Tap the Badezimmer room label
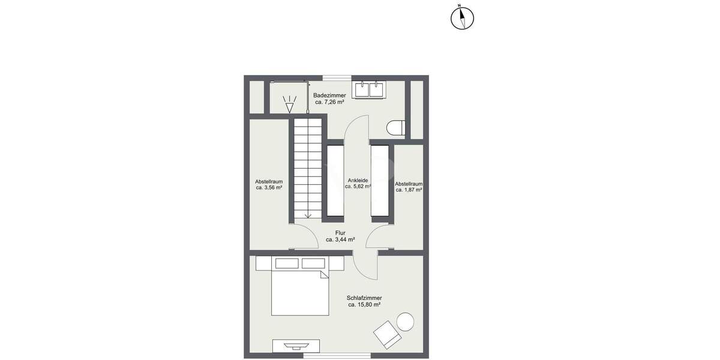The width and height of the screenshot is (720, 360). [329, 95]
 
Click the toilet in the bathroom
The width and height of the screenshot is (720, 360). [397, 128]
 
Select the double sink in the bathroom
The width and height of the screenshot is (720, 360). [369, 90]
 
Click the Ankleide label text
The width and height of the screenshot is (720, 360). [358, 180]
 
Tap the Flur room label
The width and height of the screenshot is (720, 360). [340, 232]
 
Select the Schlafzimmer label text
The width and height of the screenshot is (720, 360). [364, 298]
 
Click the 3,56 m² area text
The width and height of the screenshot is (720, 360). [269, 188]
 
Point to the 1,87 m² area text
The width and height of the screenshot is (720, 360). [409, 190]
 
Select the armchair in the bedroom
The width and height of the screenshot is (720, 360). [387, 334]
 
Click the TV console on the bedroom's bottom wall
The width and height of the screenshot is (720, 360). [296, 346]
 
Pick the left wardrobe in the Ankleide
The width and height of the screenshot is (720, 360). [335, 180]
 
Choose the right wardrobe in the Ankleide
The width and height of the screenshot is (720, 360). [380, 180]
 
